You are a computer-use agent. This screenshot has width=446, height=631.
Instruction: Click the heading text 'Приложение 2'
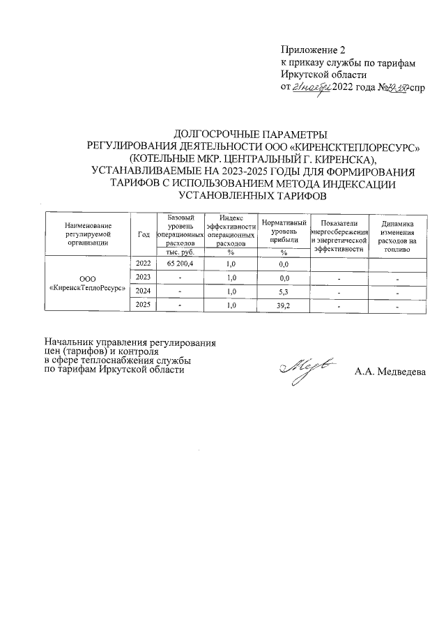(312, 50)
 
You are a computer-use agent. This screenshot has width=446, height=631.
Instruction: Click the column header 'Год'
(144, 234)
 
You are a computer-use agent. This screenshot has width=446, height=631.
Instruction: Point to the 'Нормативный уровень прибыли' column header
(284, 230)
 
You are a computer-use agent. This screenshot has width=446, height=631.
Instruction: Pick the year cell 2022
(144, 264)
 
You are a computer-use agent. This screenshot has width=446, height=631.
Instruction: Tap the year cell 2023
(144, 278)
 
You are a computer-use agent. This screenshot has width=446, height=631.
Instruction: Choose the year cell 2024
(144, 291)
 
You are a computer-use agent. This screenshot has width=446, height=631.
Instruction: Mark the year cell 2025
(144, 305)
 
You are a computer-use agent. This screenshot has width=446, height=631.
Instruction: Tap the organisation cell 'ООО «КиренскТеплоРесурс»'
(88, 284)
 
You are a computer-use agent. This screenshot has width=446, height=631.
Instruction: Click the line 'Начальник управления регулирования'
(130, 342)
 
